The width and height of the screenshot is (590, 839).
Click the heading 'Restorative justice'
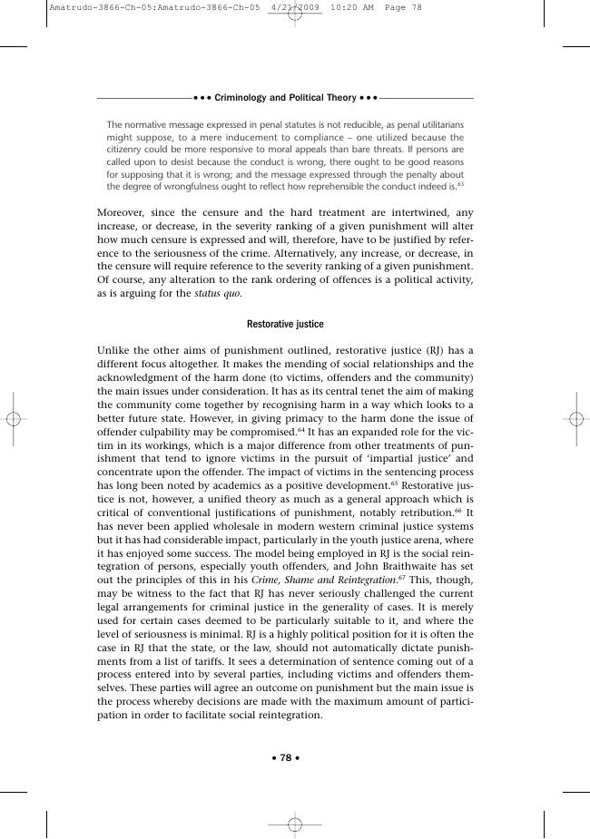click(x=285, y=323)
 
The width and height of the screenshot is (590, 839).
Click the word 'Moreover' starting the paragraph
click(x=122, y=212)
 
